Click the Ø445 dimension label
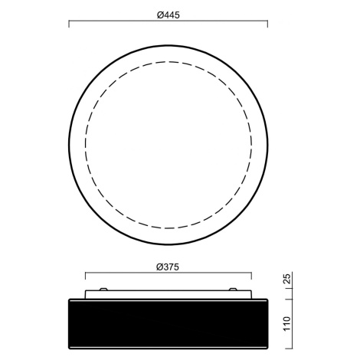(x=169, y=15)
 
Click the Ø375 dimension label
(x=168, y=267)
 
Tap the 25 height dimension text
(x=287, y=279)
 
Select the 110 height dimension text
(x=287, y=323)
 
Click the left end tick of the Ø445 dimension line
(x=69, y=24)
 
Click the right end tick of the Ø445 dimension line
(x=267, y=24)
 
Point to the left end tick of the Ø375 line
(x=85, y=276)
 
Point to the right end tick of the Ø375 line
(x=251, y=276)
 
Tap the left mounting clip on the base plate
(x=103, y=290)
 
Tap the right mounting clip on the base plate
(x=233, y=290)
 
